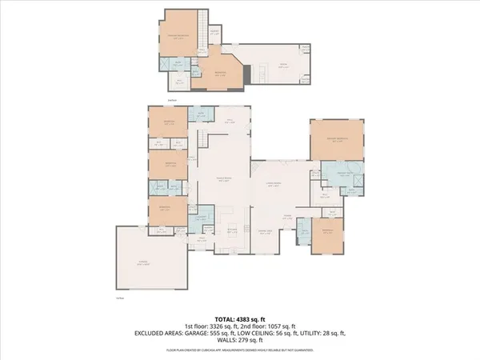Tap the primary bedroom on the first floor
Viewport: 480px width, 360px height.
click(x=337, y=139)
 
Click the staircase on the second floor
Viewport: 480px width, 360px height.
click(x=204, y=27)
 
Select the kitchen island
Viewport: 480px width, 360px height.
click(x=230, y=215)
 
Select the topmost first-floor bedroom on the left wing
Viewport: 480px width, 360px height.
click(x=168, y=122)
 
